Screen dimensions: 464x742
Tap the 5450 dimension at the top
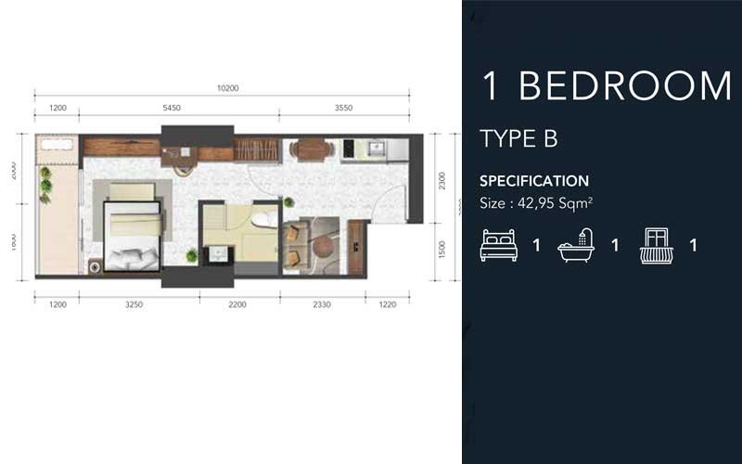pyautogui.click(x=171, y=108)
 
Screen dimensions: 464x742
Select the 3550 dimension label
pyautogui.click(x=344, y=108)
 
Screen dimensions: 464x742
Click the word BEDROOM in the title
pyautogui.click(x=625, y=85)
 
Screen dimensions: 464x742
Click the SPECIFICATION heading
pyautogui.click(x=533, y=181)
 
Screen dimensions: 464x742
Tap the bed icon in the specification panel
pyautogui.click(x=498, y=246)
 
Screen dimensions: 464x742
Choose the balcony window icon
pyautogui.click(x=657, y=246)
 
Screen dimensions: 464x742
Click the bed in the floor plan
pyautogui.click(x=132, y=227)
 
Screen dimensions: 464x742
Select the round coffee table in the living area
pyautogui.click(x=321, y=247)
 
